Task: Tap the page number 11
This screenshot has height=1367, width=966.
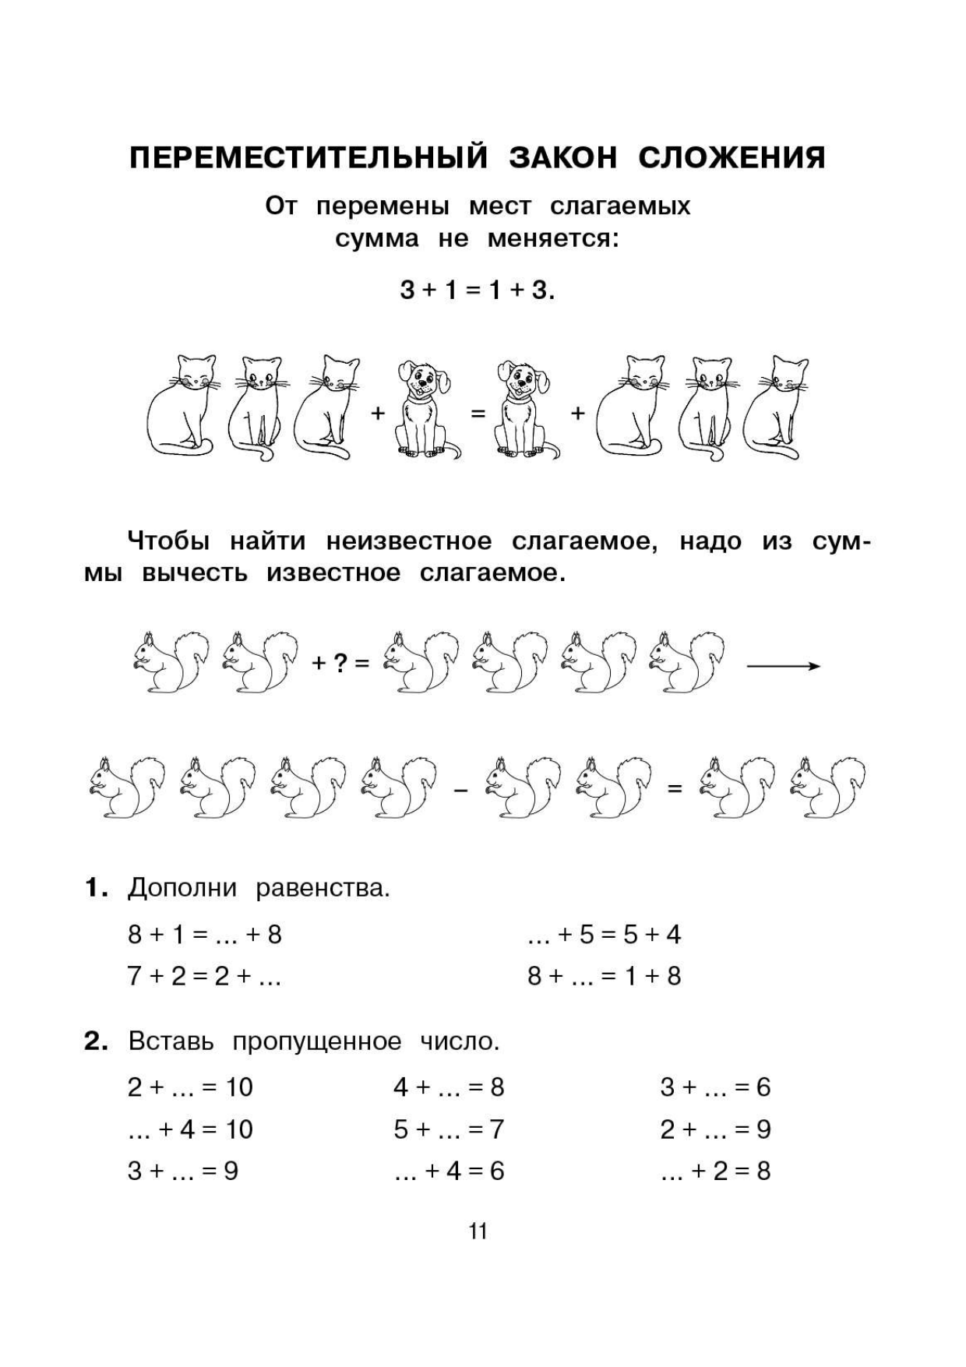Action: [478, 1231]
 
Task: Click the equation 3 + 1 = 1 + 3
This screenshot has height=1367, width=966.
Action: [478, 291]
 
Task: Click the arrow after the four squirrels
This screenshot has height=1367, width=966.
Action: [783, 666]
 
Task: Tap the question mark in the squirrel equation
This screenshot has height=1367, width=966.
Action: [340, 664]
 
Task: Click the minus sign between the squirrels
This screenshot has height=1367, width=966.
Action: [461, 791]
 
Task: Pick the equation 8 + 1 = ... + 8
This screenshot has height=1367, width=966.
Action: [204, 934]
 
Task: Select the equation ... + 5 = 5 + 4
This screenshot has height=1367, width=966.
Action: [604, 934]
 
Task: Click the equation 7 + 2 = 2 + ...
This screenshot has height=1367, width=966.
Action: [204, 976]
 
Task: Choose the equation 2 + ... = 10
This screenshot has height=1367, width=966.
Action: [190, 1087]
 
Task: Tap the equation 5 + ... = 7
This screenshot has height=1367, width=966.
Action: [449, 1129]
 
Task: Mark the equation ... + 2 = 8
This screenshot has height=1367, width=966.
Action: [715, 1171]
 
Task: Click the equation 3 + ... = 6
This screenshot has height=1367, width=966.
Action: [715, 1087]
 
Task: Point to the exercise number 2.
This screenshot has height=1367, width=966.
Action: [95, 1041]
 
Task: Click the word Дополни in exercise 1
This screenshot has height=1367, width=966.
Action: [182, 888]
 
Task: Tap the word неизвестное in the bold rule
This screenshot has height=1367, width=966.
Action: [409, 541]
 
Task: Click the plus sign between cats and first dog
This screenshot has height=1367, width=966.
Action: [378, 413]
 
